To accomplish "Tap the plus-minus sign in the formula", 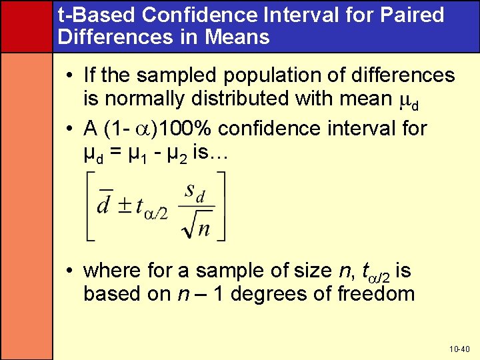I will [x=124, y=205].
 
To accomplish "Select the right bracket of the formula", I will [x=221, y=205].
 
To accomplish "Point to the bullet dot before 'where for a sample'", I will [x=70, y=271].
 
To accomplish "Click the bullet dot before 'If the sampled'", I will [x=70, y=75].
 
